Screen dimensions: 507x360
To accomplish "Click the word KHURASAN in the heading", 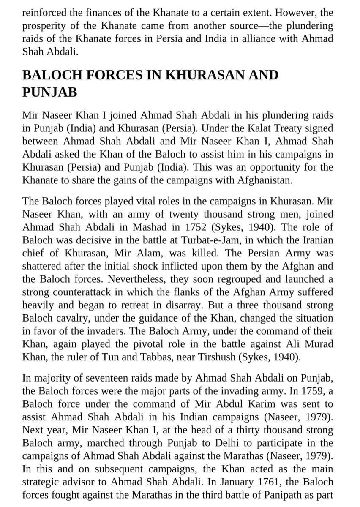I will pyautogui.click(x=207, y=76).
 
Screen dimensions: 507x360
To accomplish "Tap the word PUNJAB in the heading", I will pyautogui.click(x=50, y=92).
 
